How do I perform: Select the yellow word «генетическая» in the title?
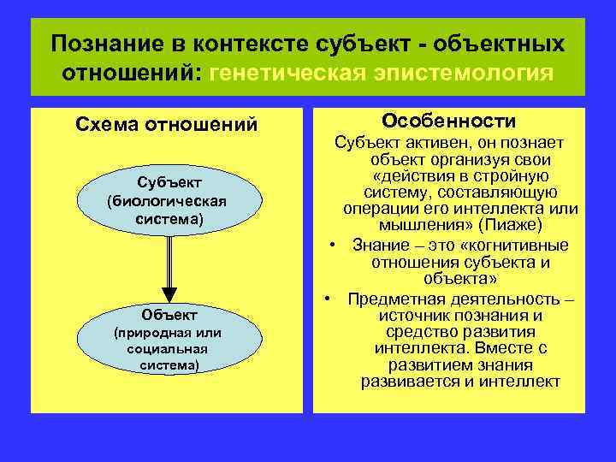tap(294, 72)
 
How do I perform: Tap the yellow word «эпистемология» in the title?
tap(462, 72)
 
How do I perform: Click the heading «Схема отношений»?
tap(167, 125)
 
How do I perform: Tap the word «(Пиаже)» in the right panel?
tap(510, 226)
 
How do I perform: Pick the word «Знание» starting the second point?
tap(379, 246)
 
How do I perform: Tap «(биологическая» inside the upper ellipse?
tap(166, 201)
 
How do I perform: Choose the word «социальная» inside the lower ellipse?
tap(166, 349)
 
